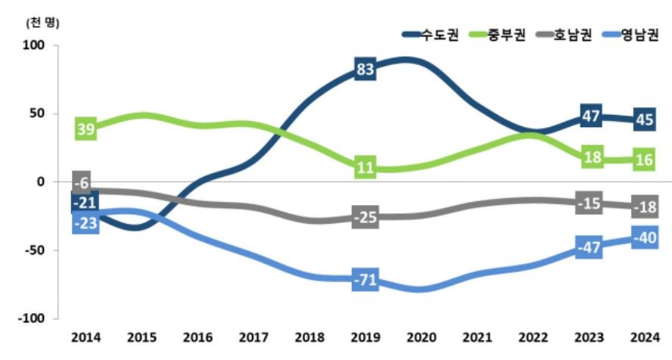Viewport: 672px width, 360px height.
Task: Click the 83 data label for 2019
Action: point(366,70)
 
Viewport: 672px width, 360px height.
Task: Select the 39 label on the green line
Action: point(86,129)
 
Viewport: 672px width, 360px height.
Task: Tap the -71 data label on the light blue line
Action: point(366,281)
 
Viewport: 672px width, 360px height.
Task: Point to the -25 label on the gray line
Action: point(366,218)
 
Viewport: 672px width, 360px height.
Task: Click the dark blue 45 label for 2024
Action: point(645,119)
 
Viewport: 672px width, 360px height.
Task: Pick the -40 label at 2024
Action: point(645,239)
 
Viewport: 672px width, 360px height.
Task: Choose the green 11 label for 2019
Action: point(366,168)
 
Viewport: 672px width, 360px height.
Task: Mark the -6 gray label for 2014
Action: point(82,182)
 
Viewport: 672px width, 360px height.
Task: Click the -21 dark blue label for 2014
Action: point(83,203)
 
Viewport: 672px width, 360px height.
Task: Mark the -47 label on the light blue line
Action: point(589,247)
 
